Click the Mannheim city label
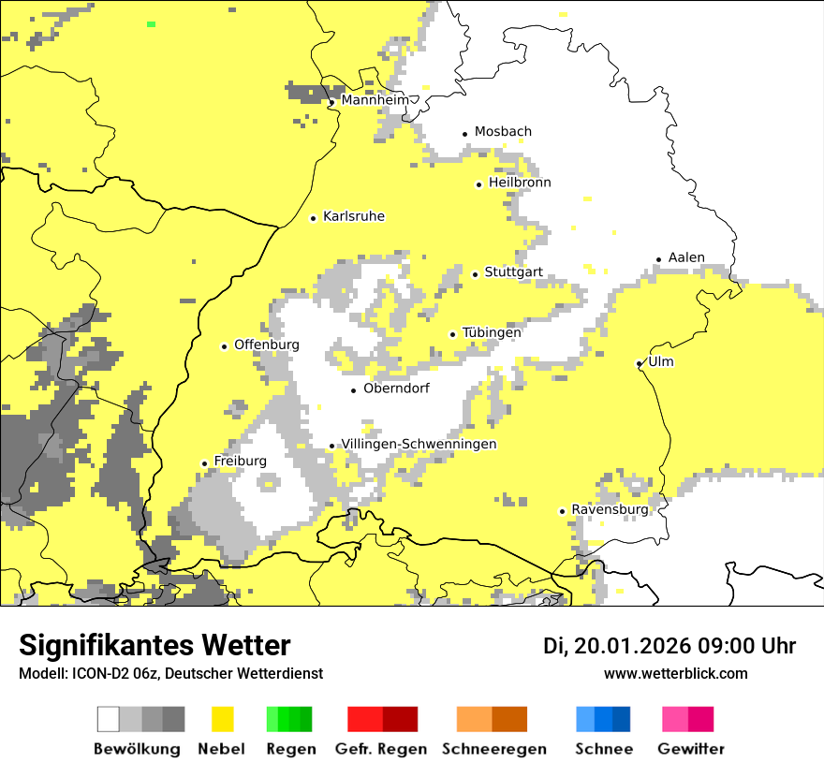click(375, 100)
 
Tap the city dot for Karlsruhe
click(314, 218)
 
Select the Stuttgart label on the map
click(513, 272)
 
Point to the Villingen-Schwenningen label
click(419, 444)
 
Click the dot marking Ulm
click(639, 363)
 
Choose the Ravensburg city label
click(610, 509)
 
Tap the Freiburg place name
click(240, 461)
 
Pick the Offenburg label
click(266, 345)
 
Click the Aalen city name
click(686, 257)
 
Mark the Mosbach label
click(503, 132)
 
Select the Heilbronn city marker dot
click(478, 184)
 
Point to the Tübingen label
click(492, 332)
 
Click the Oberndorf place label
click(396, 388)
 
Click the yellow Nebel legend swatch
click(223, 719)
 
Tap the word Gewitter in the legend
click(690, 749)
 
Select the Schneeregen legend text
click(493, 749)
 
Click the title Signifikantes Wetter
click(154, 645)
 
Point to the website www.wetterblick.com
click(675, 673)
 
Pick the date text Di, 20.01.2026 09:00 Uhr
click(669, 646)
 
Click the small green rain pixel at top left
click(151, 23)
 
